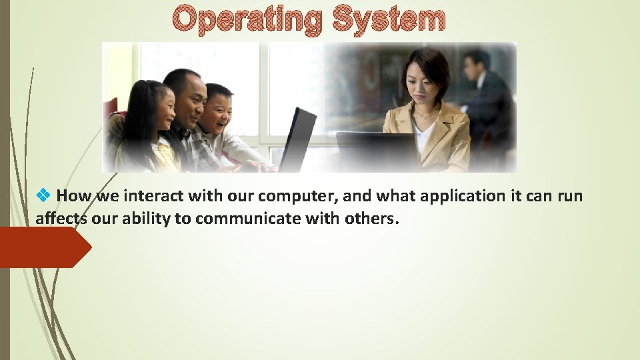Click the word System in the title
tap(388, 20)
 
